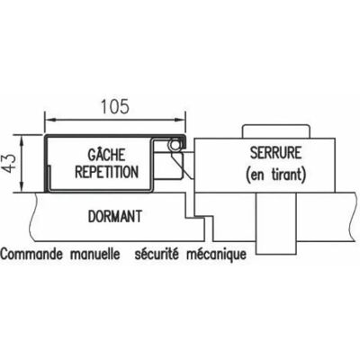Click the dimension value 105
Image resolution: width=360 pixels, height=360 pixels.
click(x=115, y=107)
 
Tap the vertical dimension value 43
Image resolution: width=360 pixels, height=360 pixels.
click(x=10, y=163)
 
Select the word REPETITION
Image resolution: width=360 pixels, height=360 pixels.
click(x=107, y=172)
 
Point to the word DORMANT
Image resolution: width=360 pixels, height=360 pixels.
click(x=115, y=216)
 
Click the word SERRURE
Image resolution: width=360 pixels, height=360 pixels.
click(x=275, y=153)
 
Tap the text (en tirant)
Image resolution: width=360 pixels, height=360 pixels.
click(x=275, y=174)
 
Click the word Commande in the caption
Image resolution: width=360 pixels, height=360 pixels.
click(x=32, y=254)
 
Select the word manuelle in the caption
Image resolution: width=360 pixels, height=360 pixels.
click(x=95, y=254)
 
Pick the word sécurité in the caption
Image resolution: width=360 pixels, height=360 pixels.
click(x=157, y=254)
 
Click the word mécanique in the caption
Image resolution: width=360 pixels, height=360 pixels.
click(x=217, y=255)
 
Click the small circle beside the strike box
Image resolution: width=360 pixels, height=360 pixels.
click(x=174, y=145)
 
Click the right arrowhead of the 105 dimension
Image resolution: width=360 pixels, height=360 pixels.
click(x=180, y=121)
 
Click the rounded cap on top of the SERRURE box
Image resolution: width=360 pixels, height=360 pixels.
click(x=276, y=131)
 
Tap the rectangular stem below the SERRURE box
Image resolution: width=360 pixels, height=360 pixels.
click(x=276, y=223)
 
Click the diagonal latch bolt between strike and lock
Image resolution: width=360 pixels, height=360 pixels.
click(x=183, y=164)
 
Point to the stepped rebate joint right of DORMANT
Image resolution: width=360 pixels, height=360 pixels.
click(x=200, y=217)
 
